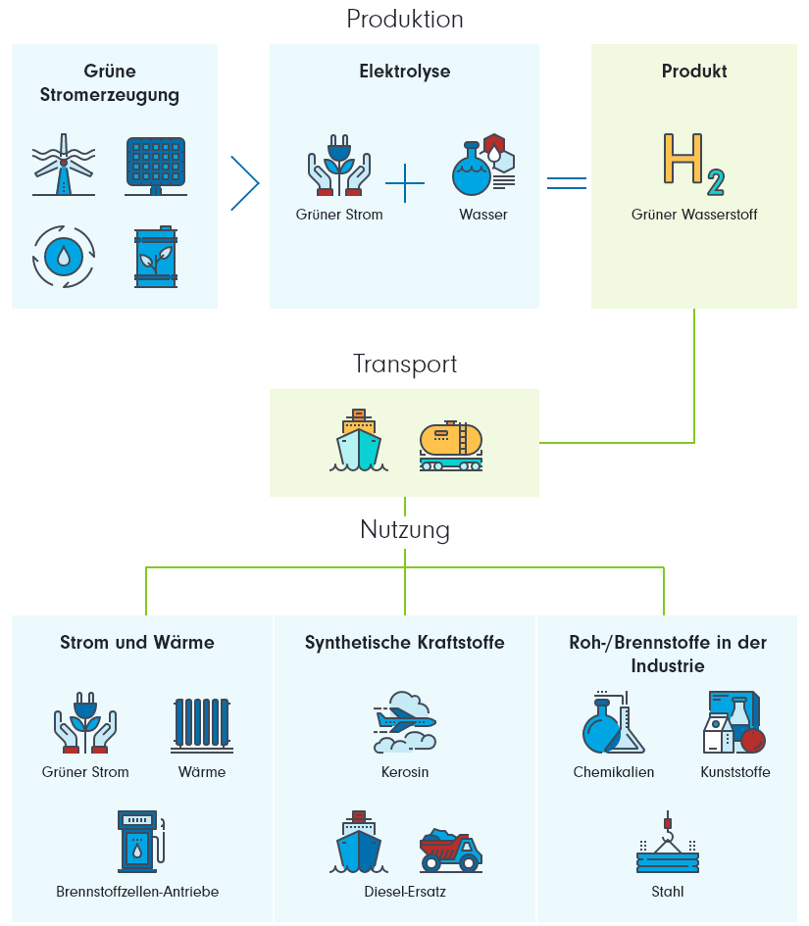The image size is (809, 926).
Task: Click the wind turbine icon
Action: [x=64, y=167]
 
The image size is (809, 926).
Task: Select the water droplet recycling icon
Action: [x=64, y=257]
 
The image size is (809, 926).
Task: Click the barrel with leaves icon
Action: [x=155, y=258]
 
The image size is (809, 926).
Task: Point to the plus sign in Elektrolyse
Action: [x=404, y=183]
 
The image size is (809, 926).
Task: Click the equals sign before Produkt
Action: [x=566, y=182]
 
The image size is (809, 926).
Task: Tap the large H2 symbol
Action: [x=693, y=163]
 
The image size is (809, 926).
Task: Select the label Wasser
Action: [x=482, y=215]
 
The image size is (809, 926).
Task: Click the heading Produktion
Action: [x=404, y=20]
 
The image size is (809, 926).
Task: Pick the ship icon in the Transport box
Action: [x=358, y=441]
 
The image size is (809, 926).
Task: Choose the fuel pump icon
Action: [x=137, y=841]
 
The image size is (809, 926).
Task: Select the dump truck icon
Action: [x=450, y=850]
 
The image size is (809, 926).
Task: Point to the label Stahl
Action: [x=667, y=892]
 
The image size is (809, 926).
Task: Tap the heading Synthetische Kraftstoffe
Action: [x=404, y=643]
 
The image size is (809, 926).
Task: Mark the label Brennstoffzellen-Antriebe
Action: [x=137, y=892]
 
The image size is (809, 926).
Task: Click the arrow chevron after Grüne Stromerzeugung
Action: [x=244, y=183]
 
